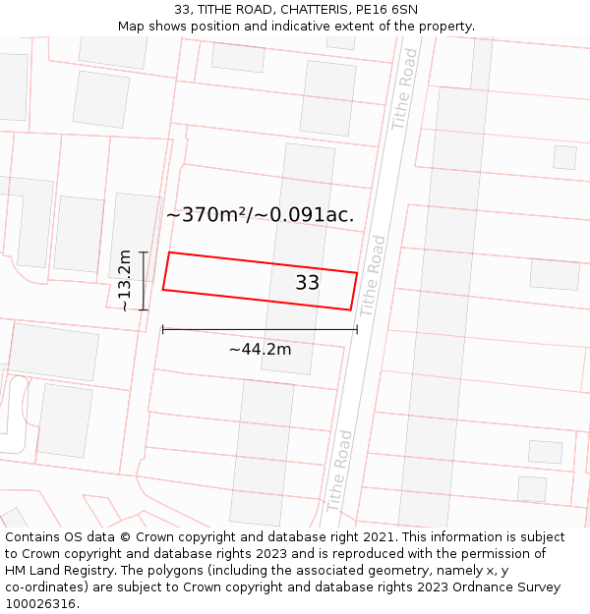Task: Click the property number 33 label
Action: click(x=308, y=283)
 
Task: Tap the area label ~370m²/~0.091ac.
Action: click(x=260, y=215)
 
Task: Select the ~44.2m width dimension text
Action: click(x=260, y=349)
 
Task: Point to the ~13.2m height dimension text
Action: click(x=126, y=280)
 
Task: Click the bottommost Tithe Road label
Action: click(x=338, y=470)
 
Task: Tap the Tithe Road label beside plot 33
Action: click(x=373, y=275)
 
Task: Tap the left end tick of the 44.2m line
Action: click(x=163, y=330)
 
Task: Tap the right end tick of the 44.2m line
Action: click(x=357, y=330)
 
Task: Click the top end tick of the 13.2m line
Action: click(x=144, y=252)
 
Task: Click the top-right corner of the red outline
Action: click(x=357, y=272)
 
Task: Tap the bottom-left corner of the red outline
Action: click(x=163, y=290)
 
